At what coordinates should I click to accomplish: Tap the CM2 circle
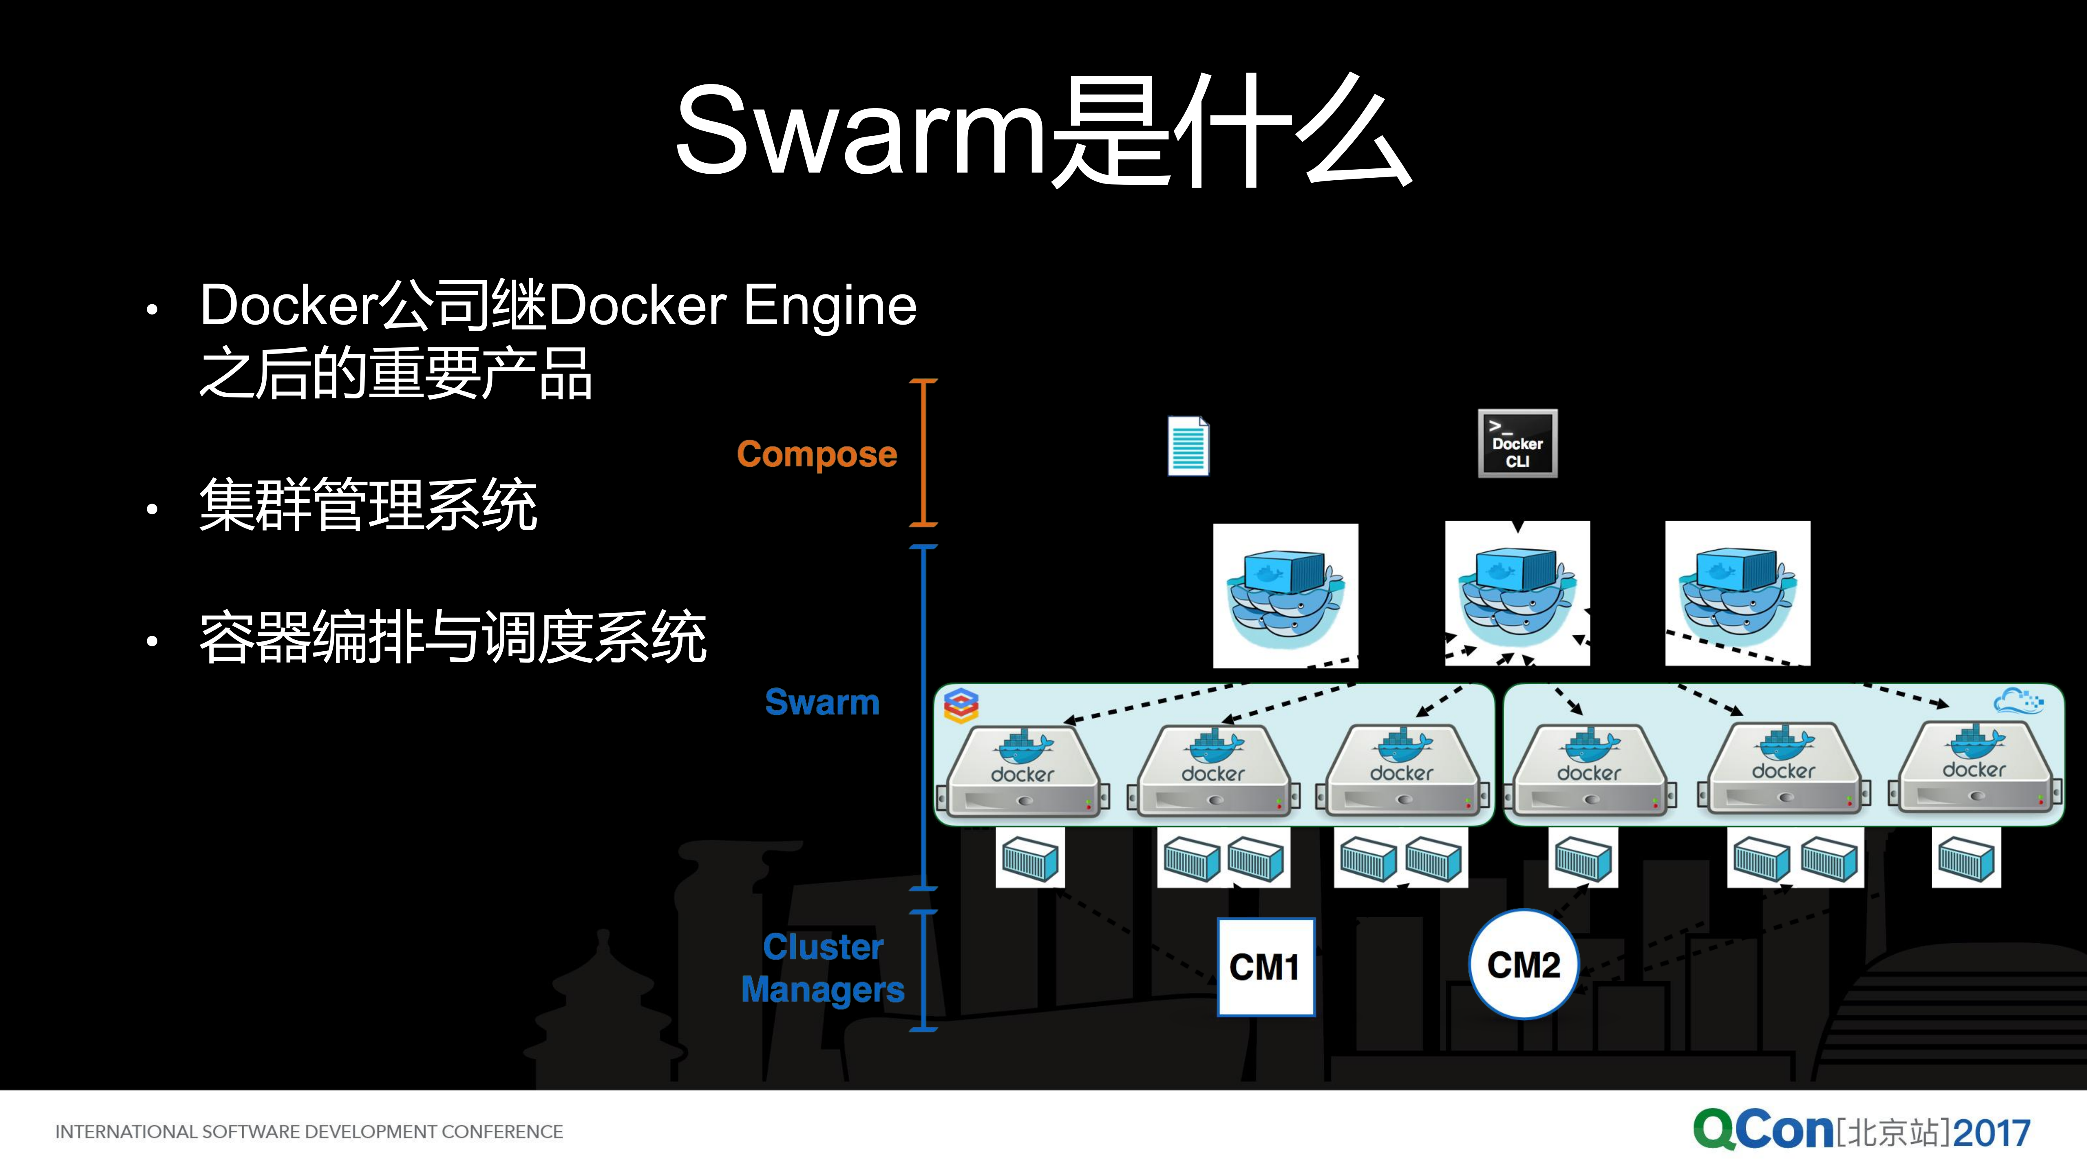(1523, 964)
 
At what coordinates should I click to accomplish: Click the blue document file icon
(1188, 446)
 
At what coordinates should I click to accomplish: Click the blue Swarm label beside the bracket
(822, 702)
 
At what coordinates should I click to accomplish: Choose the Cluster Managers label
(822, 968)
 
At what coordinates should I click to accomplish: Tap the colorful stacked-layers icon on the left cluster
(961, 706)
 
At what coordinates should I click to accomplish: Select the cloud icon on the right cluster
(2017, 700)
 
